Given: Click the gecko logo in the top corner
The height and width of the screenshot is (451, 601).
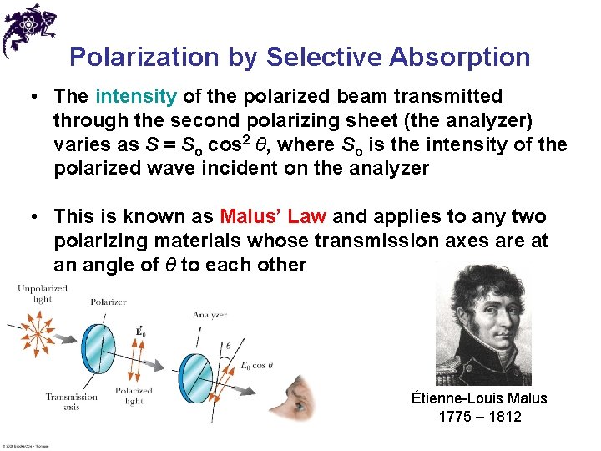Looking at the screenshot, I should (x=28, y=28).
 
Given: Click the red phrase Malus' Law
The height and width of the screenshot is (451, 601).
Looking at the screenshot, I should (x=274, y=217).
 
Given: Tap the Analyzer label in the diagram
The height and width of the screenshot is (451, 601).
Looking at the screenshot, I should (x=210, y=315).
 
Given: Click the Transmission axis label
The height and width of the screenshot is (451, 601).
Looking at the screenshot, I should (x=72, y=402).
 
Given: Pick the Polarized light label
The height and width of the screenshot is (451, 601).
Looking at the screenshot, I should (x=134, y=396).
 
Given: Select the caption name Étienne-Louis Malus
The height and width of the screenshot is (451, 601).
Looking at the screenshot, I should (x=479, y=398).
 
